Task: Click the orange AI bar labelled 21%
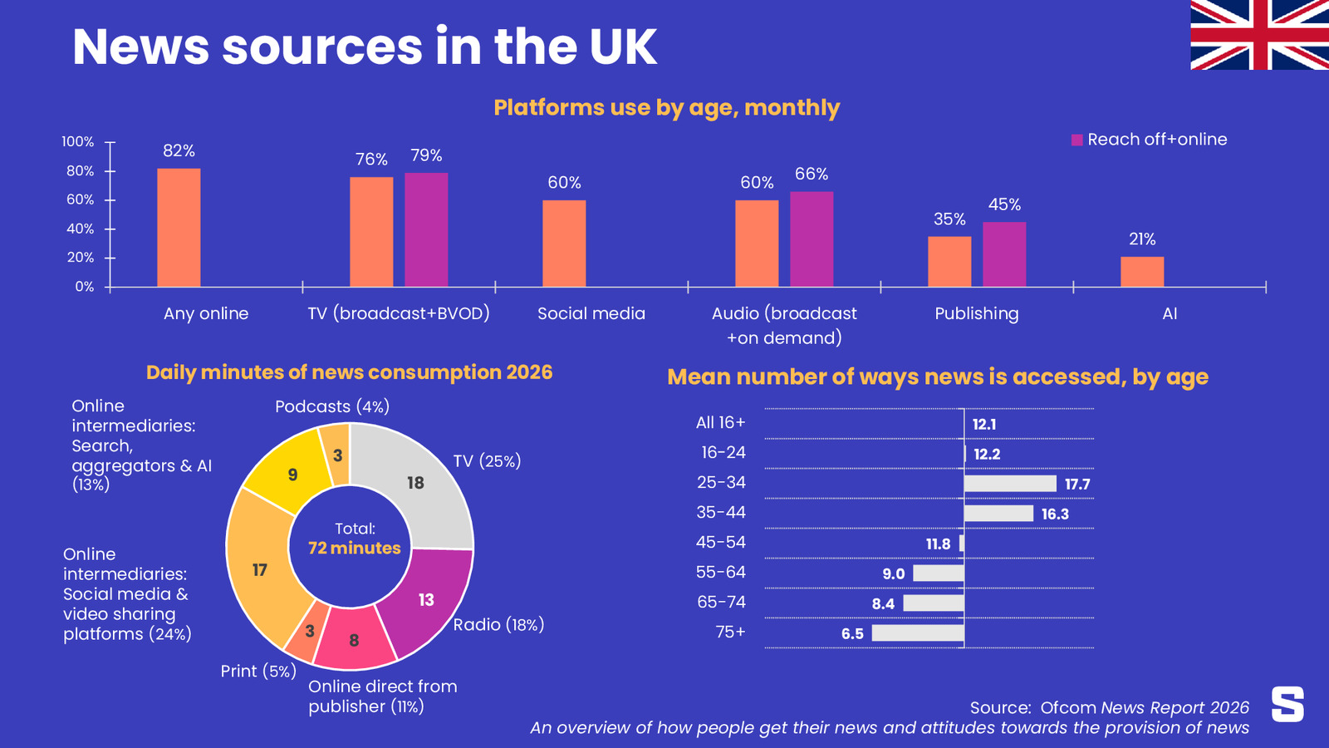click(x=1142, y=272)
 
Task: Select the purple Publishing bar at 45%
click(x=1004, y=254)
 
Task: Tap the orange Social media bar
click(x=564, y=244)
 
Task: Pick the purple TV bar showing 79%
click(x=427, y=229)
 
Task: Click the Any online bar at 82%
click(x=179, y=228)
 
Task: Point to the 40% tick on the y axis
click(x=110, y=229)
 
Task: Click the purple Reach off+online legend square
click(x=1076, y=140)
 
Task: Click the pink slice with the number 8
click(x=355, y=638)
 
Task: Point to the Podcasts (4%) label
click(x=332, y=406)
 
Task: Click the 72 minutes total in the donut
click(x=355, y=548)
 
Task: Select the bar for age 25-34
click(x=1010, y=484)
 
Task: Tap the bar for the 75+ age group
click(x=918, y=632)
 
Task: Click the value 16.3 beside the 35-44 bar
click(x=1055, y=514)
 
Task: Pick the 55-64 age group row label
click(x=720, y=573)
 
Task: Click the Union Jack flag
click(x=1259, y=34)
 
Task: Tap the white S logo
click(x=1287, y=704)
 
